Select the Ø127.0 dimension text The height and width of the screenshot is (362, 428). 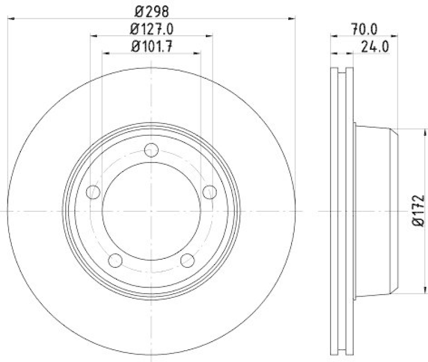coord(151,28)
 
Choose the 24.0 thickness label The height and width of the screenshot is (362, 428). coord(374,46)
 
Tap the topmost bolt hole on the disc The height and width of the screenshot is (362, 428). coord(152,150)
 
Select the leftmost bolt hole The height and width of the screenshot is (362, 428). coord(93,191)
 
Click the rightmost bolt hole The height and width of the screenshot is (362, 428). coord(210,191)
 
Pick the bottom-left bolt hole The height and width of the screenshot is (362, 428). coord(116,260)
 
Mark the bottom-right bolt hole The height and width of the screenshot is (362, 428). coord(187,260)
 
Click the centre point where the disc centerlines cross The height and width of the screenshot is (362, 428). coord(152,211)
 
